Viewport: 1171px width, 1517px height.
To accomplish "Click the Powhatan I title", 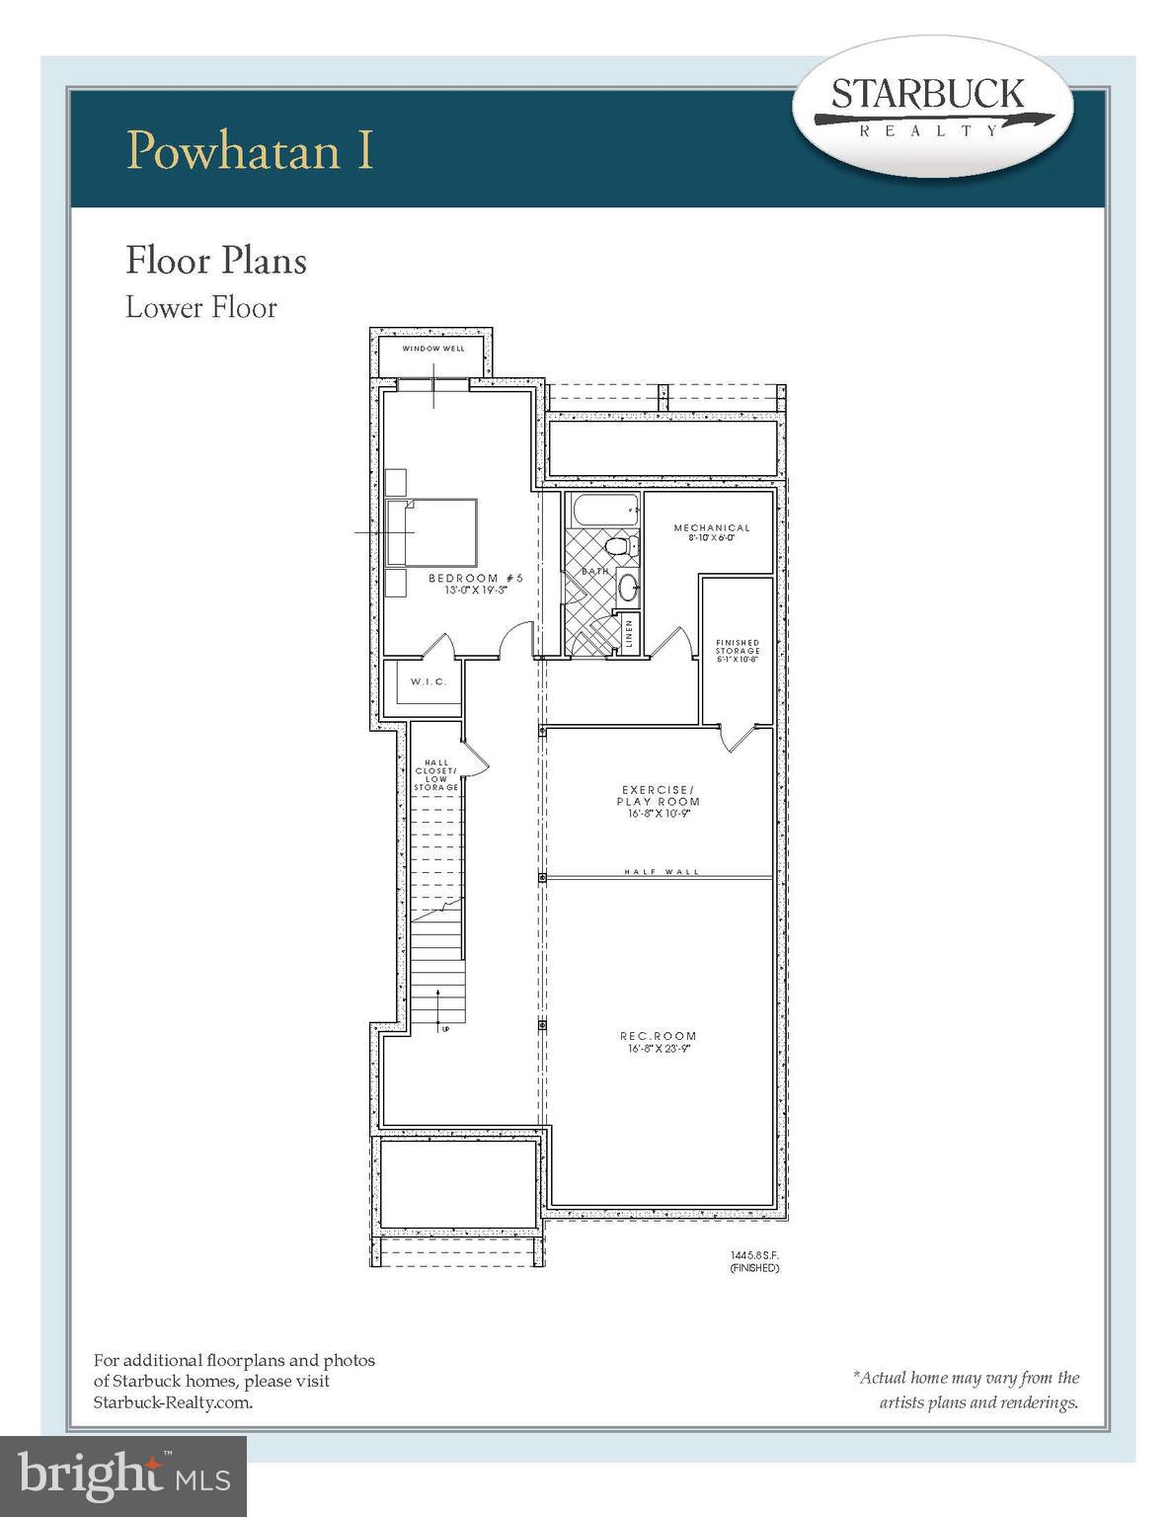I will click(250, 149).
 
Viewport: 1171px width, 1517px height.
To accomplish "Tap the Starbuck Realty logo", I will click(930, 107).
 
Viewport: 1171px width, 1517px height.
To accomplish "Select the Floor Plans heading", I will click(215, 261).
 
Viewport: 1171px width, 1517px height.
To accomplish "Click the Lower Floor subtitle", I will click(200, 307).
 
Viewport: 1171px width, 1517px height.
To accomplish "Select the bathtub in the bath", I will click(602, 513).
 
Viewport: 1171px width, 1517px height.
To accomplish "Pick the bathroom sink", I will click(628, 588).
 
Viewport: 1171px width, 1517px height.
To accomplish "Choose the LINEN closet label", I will click(627, 633).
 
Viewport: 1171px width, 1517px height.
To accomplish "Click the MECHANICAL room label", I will click(712, 528).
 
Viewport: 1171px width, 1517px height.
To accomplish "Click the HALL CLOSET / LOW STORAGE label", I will click(435, 774).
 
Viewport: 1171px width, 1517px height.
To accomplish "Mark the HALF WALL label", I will click(662, 872).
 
